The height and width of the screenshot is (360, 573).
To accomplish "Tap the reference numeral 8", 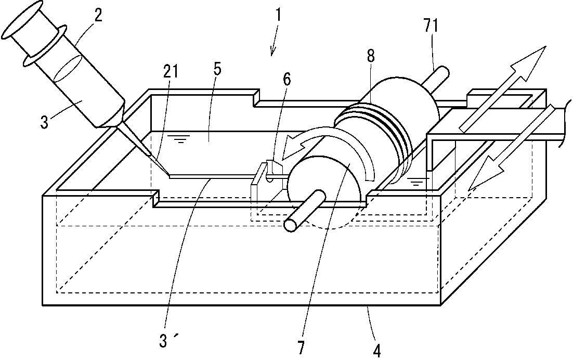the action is coord(370,56).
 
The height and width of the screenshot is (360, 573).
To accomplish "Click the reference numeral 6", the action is coord(287,79).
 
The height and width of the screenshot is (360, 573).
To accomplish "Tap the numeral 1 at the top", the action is coord(279,16).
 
